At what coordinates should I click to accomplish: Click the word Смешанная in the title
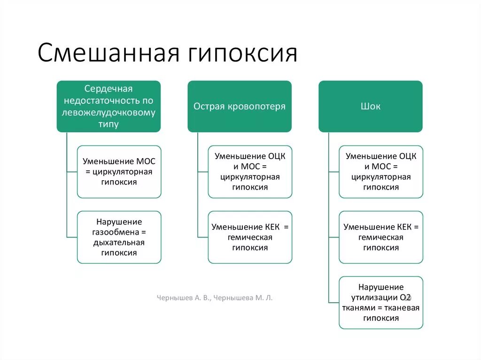pos(109,53)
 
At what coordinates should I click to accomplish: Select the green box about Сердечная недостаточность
pos(109,106)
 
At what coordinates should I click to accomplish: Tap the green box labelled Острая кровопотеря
pos(240,106)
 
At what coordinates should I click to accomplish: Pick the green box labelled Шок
pos(371,106)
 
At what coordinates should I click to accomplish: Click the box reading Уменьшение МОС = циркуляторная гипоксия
pos(119,171)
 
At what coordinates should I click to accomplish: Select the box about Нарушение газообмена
pos(119,237)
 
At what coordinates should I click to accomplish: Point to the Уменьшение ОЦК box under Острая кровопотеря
pos(250,171)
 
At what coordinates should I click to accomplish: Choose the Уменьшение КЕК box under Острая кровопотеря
pos(250,237)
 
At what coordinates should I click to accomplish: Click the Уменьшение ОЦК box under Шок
pos(381,171)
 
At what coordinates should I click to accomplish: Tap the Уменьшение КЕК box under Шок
pos(381,237)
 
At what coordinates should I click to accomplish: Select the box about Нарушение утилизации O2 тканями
pos(381,302)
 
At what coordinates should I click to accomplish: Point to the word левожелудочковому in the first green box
pos(109,113)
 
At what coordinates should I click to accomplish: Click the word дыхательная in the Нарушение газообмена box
pos(119,243)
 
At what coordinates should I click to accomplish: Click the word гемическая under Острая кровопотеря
pos(250,237)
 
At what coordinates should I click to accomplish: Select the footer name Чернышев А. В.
pos(184,298)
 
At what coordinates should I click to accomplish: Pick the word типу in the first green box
pos(109,124)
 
